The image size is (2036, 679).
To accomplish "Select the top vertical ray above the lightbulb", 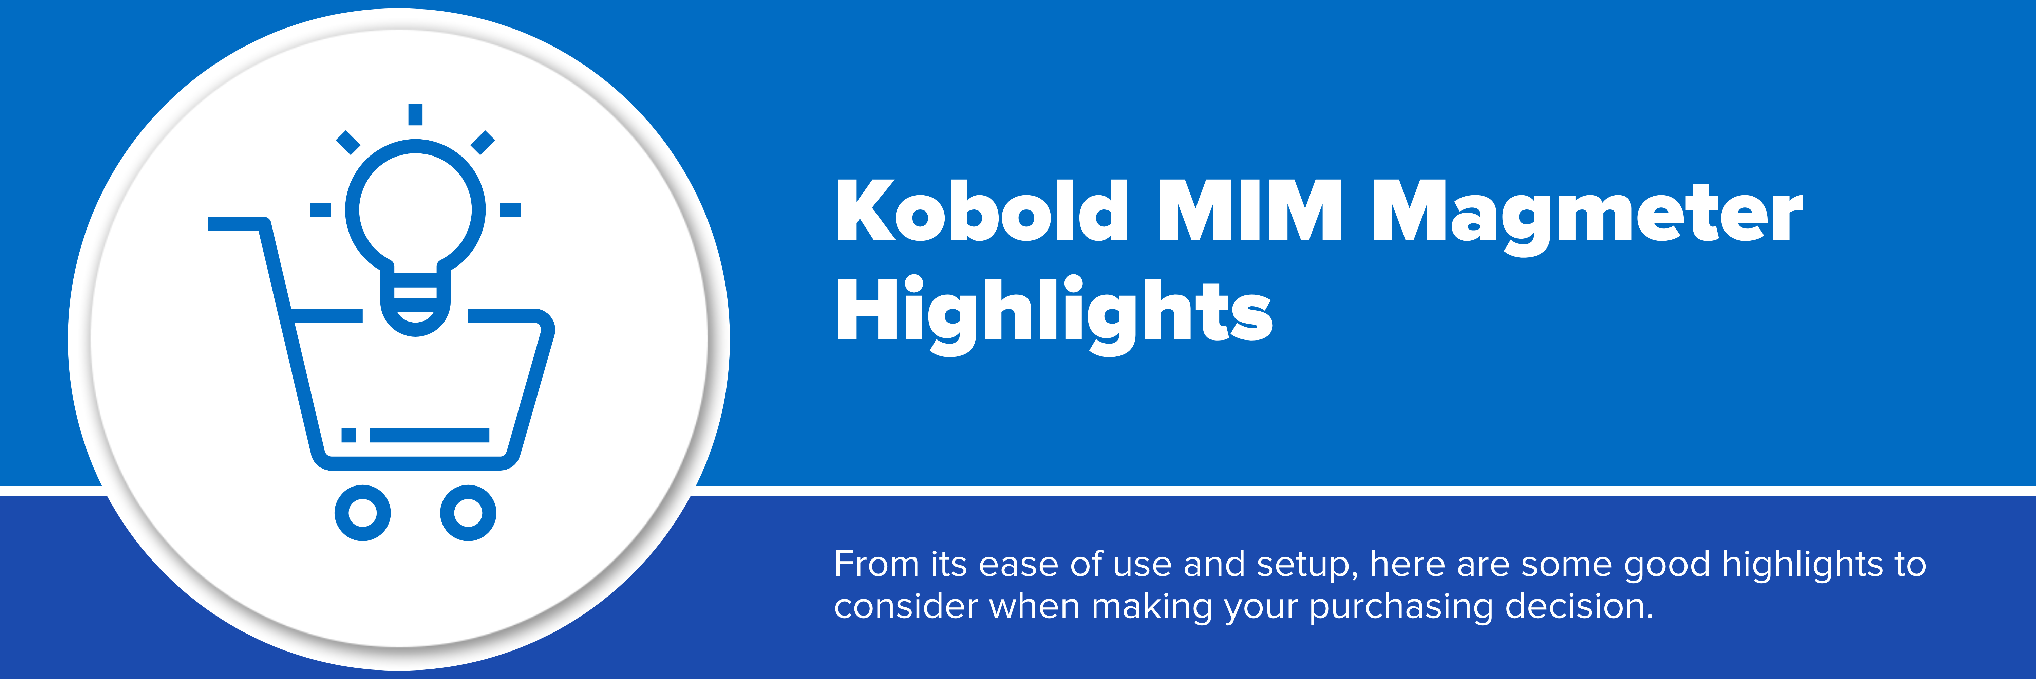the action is pos(416,115).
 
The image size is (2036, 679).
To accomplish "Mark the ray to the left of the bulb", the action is pos(320,209).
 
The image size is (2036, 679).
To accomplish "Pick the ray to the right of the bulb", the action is pos(511,209).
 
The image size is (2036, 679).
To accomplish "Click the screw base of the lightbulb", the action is pos(416,304).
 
